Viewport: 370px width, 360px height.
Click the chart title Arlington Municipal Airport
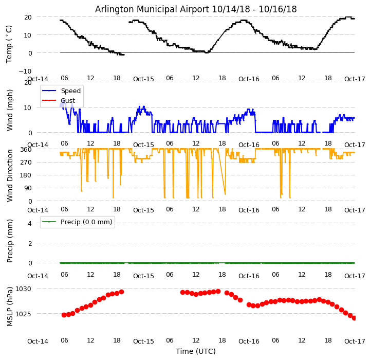coord(196,9)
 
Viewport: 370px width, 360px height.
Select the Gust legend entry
coord(67,100)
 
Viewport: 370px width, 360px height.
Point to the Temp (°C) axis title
coord(9,44)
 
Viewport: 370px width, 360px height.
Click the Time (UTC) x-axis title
coord(196,351)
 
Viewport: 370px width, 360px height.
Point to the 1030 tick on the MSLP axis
coord(24,289)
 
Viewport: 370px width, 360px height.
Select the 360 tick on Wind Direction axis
coord(26,150)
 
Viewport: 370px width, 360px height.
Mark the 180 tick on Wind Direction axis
coord(26,175)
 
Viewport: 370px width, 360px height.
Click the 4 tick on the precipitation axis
coord(29,223)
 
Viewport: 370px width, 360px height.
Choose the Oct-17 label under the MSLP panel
coord(355,341)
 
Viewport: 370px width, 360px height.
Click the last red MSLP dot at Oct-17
coord(354,318)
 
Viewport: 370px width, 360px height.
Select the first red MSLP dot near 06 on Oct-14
coord(64,315)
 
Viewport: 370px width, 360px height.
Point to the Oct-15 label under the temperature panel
coord(143,79)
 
